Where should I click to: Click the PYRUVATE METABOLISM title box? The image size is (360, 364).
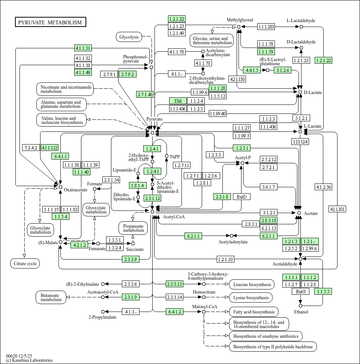pyautogui.click(x=50, y=22)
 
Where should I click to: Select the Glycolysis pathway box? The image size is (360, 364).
pyautogui.click(x=129, y=37)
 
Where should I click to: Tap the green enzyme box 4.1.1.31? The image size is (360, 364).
pyautogui.click(x=83, y=48)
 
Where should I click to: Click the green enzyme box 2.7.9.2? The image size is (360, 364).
pyautogui.click(x=127, y=74)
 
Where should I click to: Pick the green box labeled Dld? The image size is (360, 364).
pyautogui.click(x=178, y=101)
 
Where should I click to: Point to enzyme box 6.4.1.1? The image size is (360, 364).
pyautogui.click(x=61, y=156)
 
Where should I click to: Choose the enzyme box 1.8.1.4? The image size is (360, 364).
pyautogui.click(x=138, y=185)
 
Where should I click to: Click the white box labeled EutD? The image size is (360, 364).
pyautogui.click(x=241, y=197)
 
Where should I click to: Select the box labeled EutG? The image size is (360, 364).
pyautogui.click(x=300, y=291)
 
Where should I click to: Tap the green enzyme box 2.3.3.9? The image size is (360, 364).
pyautogui.click(x=131, y=259)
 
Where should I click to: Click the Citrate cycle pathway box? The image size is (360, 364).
pyautogui.click(x=25, y=264)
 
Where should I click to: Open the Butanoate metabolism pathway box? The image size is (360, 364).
pyautogui.click(x=51, y=297)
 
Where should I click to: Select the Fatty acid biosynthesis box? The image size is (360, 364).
pyautogui.click(x=253, y=312)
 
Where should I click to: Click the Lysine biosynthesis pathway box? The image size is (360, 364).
pyautogui.click(x=251, y=298)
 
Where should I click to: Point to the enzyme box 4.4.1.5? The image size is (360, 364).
pyautogui.click(x=251, y=70)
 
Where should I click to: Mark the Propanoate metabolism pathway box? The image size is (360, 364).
pyautogui.click(x=133, y=228)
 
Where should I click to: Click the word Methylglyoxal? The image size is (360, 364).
pyautogui.click(x=240, y=20)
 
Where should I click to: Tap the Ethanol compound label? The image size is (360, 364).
pyautogui.click(x=301, y=312)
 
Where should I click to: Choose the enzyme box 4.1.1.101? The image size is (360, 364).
pyautogui.click(x=337, y=209)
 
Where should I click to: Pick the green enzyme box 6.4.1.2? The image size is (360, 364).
pyautogui.click(x=175, y=312)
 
